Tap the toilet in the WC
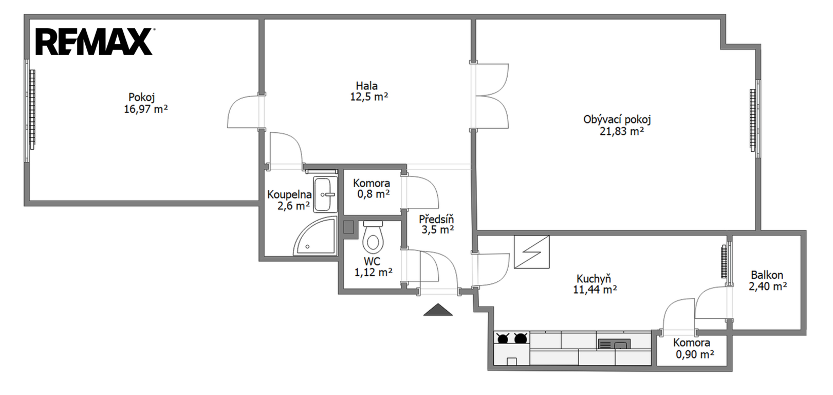coord(373,237)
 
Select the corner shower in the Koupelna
coord(316,237)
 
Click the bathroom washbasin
coord(325,194)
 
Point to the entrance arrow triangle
coord(438,310)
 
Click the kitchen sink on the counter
coord(614,345)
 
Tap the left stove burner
coord(503,338)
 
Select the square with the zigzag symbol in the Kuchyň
coord(531,252)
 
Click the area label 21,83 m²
coord(622,132)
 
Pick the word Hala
coord(367,85)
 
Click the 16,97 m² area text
coord(146,110)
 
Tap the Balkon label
coord(767,275)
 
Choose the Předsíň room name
coord(437,219)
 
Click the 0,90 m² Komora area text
coord(695,354)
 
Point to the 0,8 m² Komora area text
coord(374,194)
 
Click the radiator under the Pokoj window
coord(32,110)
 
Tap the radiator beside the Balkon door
coord(724,262)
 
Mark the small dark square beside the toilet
coord(348,227)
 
